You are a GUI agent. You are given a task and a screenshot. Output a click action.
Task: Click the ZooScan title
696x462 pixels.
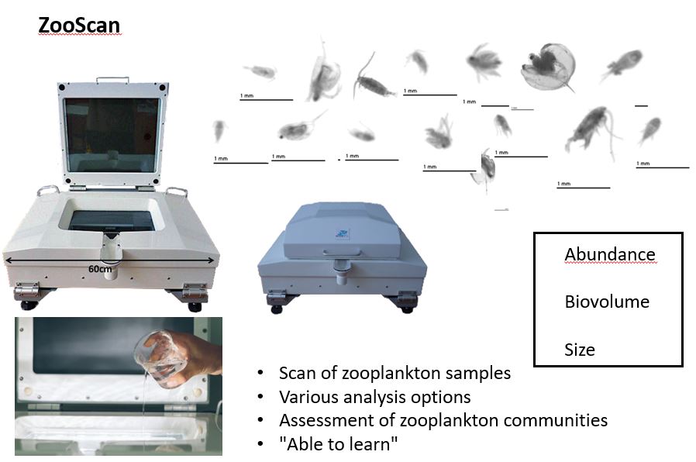click(x=80, y=26)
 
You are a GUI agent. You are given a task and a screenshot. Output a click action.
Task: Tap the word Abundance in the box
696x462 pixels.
click(x=609, y=254)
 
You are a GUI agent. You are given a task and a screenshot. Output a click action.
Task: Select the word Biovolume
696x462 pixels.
click(x=607, y=302)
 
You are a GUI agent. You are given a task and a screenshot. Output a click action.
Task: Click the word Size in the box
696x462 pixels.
click(x=579, y=350)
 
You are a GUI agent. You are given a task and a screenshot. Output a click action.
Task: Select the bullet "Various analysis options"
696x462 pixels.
click(x=374, y=397)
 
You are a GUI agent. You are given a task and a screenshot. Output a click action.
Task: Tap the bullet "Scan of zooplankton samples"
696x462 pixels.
click(x=395, y=373)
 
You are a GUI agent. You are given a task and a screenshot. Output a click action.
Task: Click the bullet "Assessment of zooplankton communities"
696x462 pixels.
click(x=443, y=421)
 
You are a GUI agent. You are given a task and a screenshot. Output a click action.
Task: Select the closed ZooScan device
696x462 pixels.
click(x=342, y=256)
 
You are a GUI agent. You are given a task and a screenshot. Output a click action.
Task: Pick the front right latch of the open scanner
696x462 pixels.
click(x=194, y=291)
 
